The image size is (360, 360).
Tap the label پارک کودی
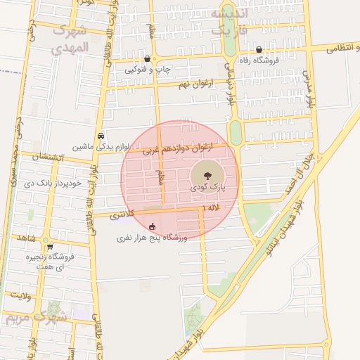[205, 188]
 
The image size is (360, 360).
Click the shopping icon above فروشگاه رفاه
[260, 49]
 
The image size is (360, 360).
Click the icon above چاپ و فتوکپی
[146, 58]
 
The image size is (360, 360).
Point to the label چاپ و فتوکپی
[146, 70]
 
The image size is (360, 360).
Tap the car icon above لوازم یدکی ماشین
[102, 136]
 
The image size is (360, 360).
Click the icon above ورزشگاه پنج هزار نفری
[153, 227]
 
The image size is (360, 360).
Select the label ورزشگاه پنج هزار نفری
[153, 238]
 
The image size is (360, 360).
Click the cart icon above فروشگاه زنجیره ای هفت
[50, 247]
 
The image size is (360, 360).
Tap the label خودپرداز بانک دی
[53, 184]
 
